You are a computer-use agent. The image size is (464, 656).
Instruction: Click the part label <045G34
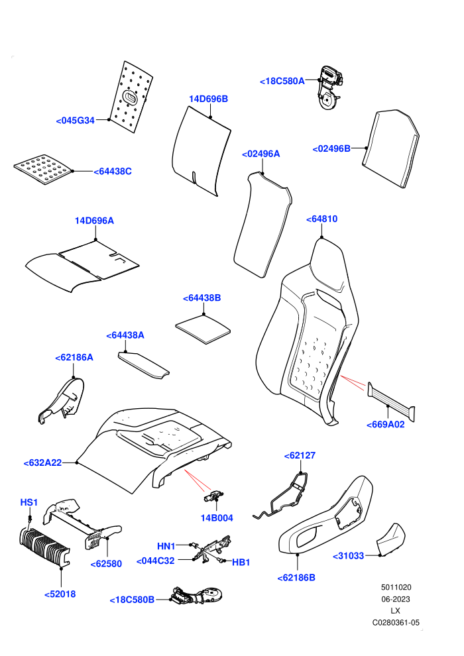point(76,121)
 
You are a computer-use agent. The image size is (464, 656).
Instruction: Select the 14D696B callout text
point(208,99)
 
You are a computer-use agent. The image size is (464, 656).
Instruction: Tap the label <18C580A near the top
point(282,81)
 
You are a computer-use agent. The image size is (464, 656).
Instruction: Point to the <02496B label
point(331,148)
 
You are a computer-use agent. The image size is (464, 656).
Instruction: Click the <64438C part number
point(113,172)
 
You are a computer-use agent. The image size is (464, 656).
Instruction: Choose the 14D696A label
point(94,221)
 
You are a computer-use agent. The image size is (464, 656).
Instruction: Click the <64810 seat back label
point(321,219)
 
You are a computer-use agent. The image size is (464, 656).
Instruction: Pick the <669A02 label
point(385,425)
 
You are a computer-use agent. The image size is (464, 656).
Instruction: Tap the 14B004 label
point(217,518)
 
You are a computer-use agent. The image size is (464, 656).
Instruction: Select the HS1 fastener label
point(29,502)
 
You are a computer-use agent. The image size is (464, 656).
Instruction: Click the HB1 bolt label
point(241,563)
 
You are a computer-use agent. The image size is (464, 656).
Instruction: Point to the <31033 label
point(348,556)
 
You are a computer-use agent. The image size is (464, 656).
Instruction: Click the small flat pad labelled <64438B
point(203,329)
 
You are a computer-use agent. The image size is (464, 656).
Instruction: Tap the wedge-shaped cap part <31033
point(392,539)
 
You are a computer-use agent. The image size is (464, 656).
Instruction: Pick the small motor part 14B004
point(214,496)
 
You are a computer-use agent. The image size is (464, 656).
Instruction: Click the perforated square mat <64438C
point(43,168)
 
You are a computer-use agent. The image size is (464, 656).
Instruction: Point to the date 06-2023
point(395,599)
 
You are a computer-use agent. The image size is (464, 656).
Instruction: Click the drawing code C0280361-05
point(396,622)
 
